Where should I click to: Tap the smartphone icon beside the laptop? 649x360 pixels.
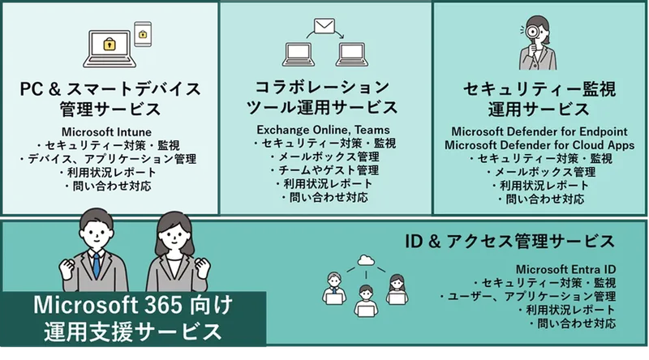click(x=143, y=34)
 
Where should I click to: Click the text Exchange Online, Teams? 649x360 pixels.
click(x=323, y=130)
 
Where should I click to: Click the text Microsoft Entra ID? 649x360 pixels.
click(x=565, y=269)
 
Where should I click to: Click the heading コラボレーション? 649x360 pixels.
click(x=323, y=87)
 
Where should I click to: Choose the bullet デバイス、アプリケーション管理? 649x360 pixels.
click(x=108, y=159)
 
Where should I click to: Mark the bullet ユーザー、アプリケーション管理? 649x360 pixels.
click(x=527, y=297)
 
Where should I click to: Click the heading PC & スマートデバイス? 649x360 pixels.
click(x=110, y=88)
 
